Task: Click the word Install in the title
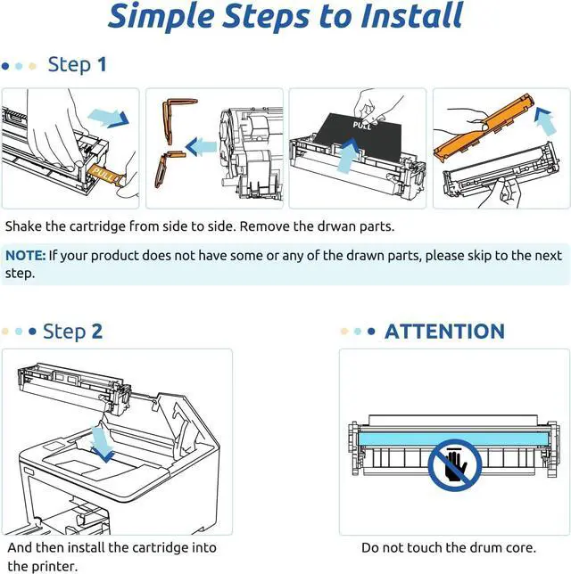pos(412,16)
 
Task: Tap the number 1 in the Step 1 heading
pos(102,64)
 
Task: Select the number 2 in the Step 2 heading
pos(96,331)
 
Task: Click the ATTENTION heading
pos(444,332)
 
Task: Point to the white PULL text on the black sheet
pos(361,125)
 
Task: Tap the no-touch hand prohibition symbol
pos(455,465)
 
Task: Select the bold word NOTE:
pos(26,255)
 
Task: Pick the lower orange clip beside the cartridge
pos(168,168)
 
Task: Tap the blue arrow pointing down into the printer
pos(102,444)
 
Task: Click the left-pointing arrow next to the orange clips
pos(201,146)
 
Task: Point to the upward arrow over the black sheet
pos(347,156)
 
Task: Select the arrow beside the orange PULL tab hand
pos(109,118)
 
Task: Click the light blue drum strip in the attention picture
pos(454,439)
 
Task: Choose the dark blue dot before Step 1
pos(5,66)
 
